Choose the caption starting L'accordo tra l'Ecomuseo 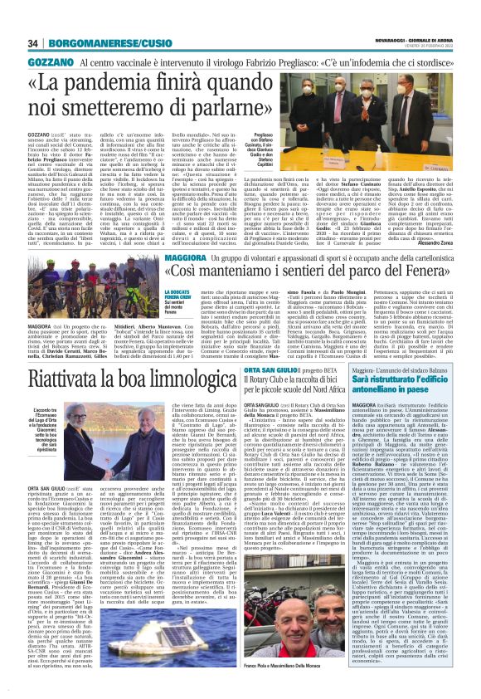point(51,423)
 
